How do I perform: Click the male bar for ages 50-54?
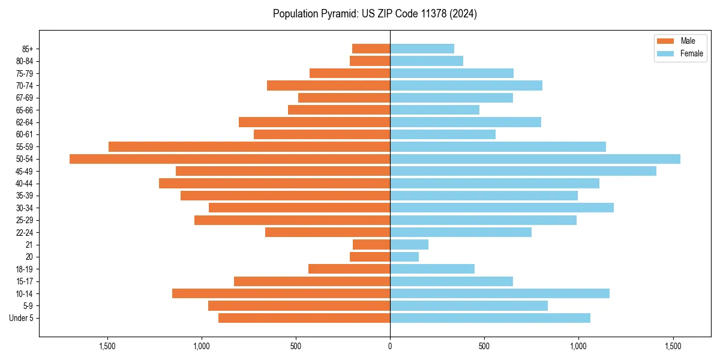click(x=230, y=159)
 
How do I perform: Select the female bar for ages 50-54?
click(x=535, y=159)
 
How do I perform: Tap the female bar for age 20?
click(x=404, y=257)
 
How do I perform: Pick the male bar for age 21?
click(x=371, y=245)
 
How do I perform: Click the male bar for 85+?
click(x=371, y=49)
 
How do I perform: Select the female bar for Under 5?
click(x=490, y=318)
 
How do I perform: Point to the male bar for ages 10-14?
click(x=281, y=293)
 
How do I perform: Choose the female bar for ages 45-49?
click(x=523, y=171)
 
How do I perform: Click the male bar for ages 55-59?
click(x=249, y=147)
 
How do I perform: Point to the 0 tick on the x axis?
click(x=390, y=346)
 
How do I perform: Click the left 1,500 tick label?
click(x=107, y=346)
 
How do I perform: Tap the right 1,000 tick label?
click(x=578, y=346)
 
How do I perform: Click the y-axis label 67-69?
click(x=25, y=98)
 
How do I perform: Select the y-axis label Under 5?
click(x=21, y=318)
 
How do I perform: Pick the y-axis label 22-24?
click(x=25, y=233)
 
